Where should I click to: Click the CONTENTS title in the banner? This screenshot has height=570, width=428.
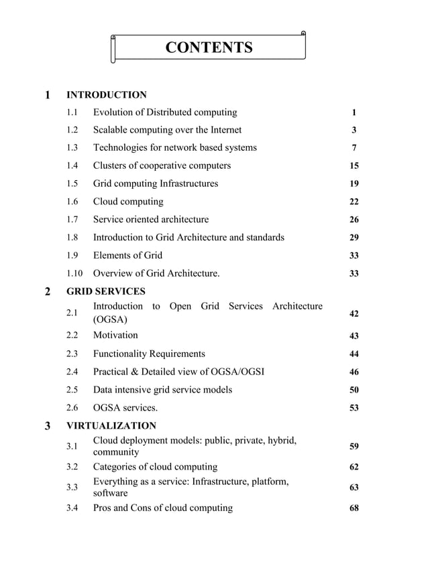click(x=209, y=48)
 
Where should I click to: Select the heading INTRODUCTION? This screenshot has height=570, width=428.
click(x=107, y=94)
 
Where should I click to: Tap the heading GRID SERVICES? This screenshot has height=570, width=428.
click(x=106, y=291)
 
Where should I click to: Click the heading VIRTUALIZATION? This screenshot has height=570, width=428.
click(x=111, y=425)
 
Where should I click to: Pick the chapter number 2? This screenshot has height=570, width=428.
click(x=47, y=291)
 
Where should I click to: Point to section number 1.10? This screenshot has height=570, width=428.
click(x=74, y=273)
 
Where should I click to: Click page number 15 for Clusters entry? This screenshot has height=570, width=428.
click(x=354, y=165)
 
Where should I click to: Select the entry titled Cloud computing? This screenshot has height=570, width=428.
click(x=127, y=202)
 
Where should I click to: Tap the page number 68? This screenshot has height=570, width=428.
click(x=354, y=508)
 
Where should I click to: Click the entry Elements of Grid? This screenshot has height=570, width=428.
click(x=127, y=255)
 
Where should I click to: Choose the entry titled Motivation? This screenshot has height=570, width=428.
click(x=115, y=335)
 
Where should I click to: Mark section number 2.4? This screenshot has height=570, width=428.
click(x=72, y=372)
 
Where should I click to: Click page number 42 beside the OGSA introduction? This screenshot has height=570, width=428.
click(x=354, y=313)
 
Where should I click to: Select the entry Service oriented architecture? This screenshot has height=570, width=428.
click(x=150, y=219)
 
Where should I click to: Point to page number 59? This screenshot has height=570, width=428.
click(x=354, y=446)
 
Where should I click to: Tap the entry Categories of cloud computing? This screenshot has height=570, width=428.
click(x=155, y=467)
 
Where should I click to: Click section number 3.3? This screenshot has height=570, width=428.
click(x=72, y=487)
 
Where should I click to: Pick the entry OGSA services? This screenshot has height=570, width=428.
click(x=125, y=408)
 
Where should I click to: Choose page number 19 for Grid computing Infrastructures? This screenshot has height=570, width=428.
click(x=354, y=184)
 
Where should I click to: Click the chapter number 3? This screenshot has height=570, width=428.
click(x=47, y=426)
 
